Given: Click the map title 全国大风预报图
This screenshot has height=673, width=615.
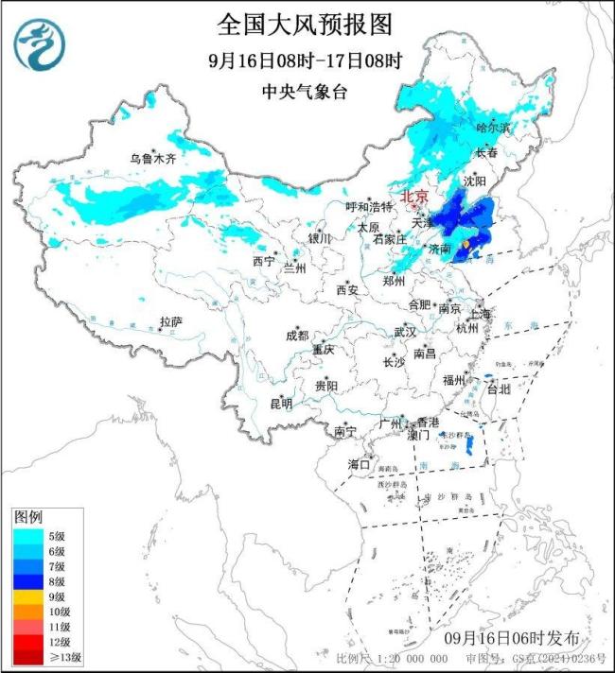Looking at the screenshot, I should click(305, 23).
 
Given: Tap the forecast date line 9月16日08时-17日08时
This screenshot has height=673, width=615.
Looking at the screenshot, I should click(305, 61).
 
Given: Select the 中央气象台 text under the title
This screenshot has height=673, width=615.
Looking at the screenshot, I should click(305, 92).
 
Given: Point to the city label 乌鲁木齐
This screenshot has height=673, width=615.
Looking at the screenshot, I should click(153, 159).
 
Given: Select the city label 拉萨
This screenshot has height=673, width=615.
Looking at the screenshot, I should click(170, 322).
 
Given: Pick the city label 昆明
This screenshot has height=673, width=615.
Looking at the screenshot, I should click(281, 404).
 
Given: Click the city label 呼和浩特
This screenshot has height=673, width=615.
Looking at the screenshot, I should click(366, 207).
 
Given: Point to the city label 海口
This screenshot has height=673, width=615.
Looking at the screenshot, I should click(358, 464).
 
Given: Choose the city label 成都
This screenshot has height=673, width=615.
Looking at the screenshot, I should click(296, 336).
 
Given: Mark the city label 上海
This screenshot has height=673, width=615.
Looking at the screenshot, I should click(480, 314).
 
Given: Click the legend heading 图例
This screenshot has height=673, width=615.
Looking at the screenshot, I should click(27, 518).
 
